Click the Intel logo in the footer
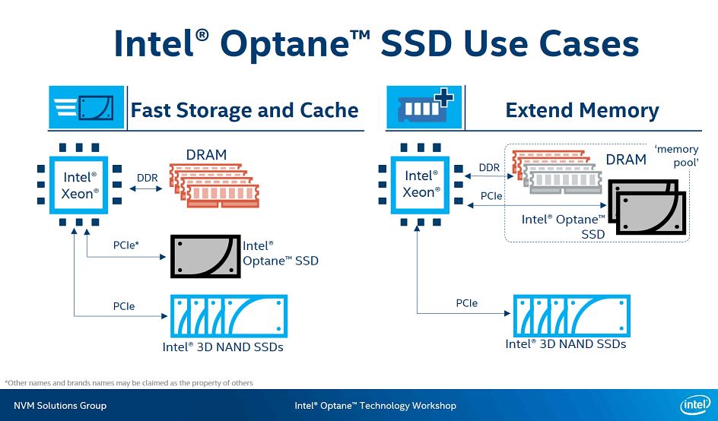click(x=694, y=405)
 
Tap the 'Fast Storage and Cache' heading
click(x=244, y=110)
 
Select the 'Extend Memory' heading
click(x=582, y=110)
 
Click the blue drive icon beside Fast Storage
click(x=86, y=107)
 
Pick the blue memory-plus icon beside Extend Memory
click(x=423, y=107)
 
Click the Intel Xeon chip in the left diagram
click(x=80, y=184)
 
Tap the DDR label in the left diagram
click(x=147, y=178)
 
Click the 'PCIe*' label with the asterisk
click(x=126, y=245)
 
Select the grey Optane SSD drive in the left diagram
click(x=205, y=256)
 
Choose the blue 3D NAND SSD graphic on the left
click(x=227, y=316)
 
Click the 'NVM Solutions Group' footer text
click(x=60, y=405)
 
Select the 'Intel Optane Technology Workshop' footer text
click(x=375, y=405)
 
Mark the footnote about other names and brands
click(x=129, y=382)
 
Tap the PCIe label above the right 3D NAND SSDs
click(x=467, y=303)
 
